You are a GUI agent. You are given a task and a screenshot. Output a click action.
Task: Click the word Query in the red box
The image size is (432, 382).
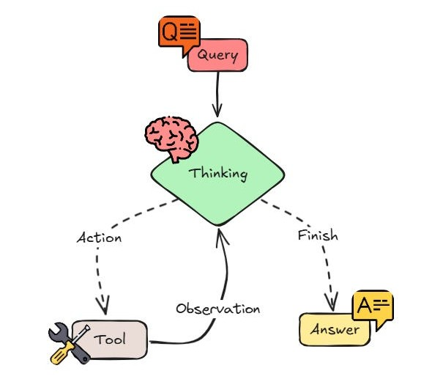217,56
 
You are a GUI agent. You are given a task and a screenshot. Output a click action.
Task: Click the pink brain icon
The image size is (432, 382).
171,138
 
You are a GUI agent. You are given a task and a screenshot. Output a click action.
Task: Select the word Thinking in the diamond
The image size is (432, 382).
218,174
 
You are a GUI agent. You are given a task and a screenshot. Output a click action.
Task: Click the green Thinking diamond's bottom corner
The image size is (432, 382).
218,225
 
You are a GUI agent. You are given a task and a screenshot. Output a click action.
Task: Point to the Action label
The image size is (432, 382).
99,238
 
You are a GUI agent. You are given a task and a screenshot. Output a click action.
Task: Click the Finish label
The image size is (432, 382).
318,235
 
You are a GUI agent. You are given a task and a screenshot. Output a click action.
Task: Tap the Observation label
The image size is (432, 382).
218,309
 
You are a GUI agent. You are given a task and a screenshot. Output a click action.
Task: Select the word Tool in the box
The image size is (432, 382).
110,339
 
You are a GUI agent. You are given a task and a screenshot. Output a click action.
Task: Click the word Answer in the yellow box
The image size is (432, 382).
335,329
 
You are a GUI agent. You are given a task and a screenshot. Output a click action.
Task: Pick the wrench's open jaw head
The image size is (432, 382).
58,331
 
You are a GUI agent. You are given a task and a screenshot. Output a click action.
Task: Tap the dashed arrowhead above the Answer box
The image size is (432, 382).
332,301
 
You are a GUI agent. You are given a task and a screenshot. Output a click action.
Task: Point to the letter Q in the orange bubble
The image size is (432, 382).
169,32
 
